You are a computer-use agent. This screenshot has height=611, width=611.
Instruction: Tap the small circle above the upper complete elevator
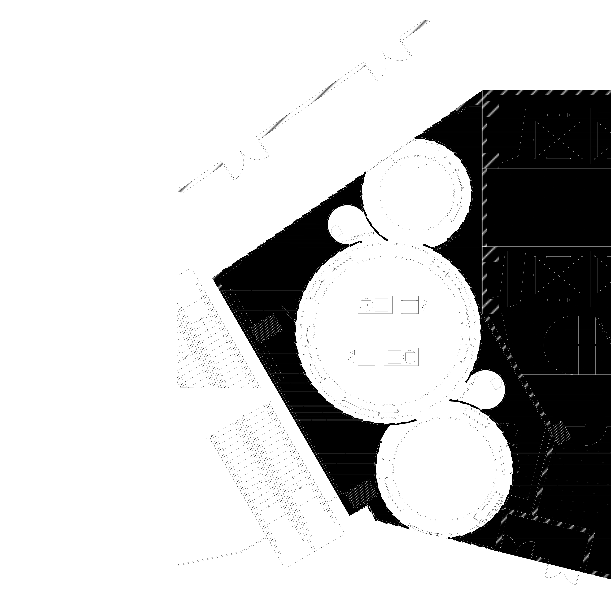558,115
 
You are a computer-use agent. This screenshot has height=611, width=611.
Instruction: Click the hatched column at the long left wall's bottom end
361,494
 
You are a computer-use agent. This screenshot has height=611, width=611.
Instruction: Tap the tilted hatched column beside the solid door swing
560,433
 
